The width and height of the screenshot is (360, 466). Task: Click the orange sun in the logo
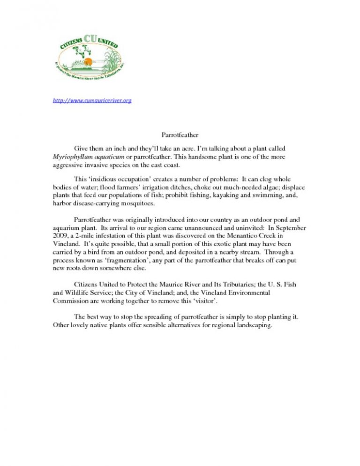[x=82, y=62]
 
